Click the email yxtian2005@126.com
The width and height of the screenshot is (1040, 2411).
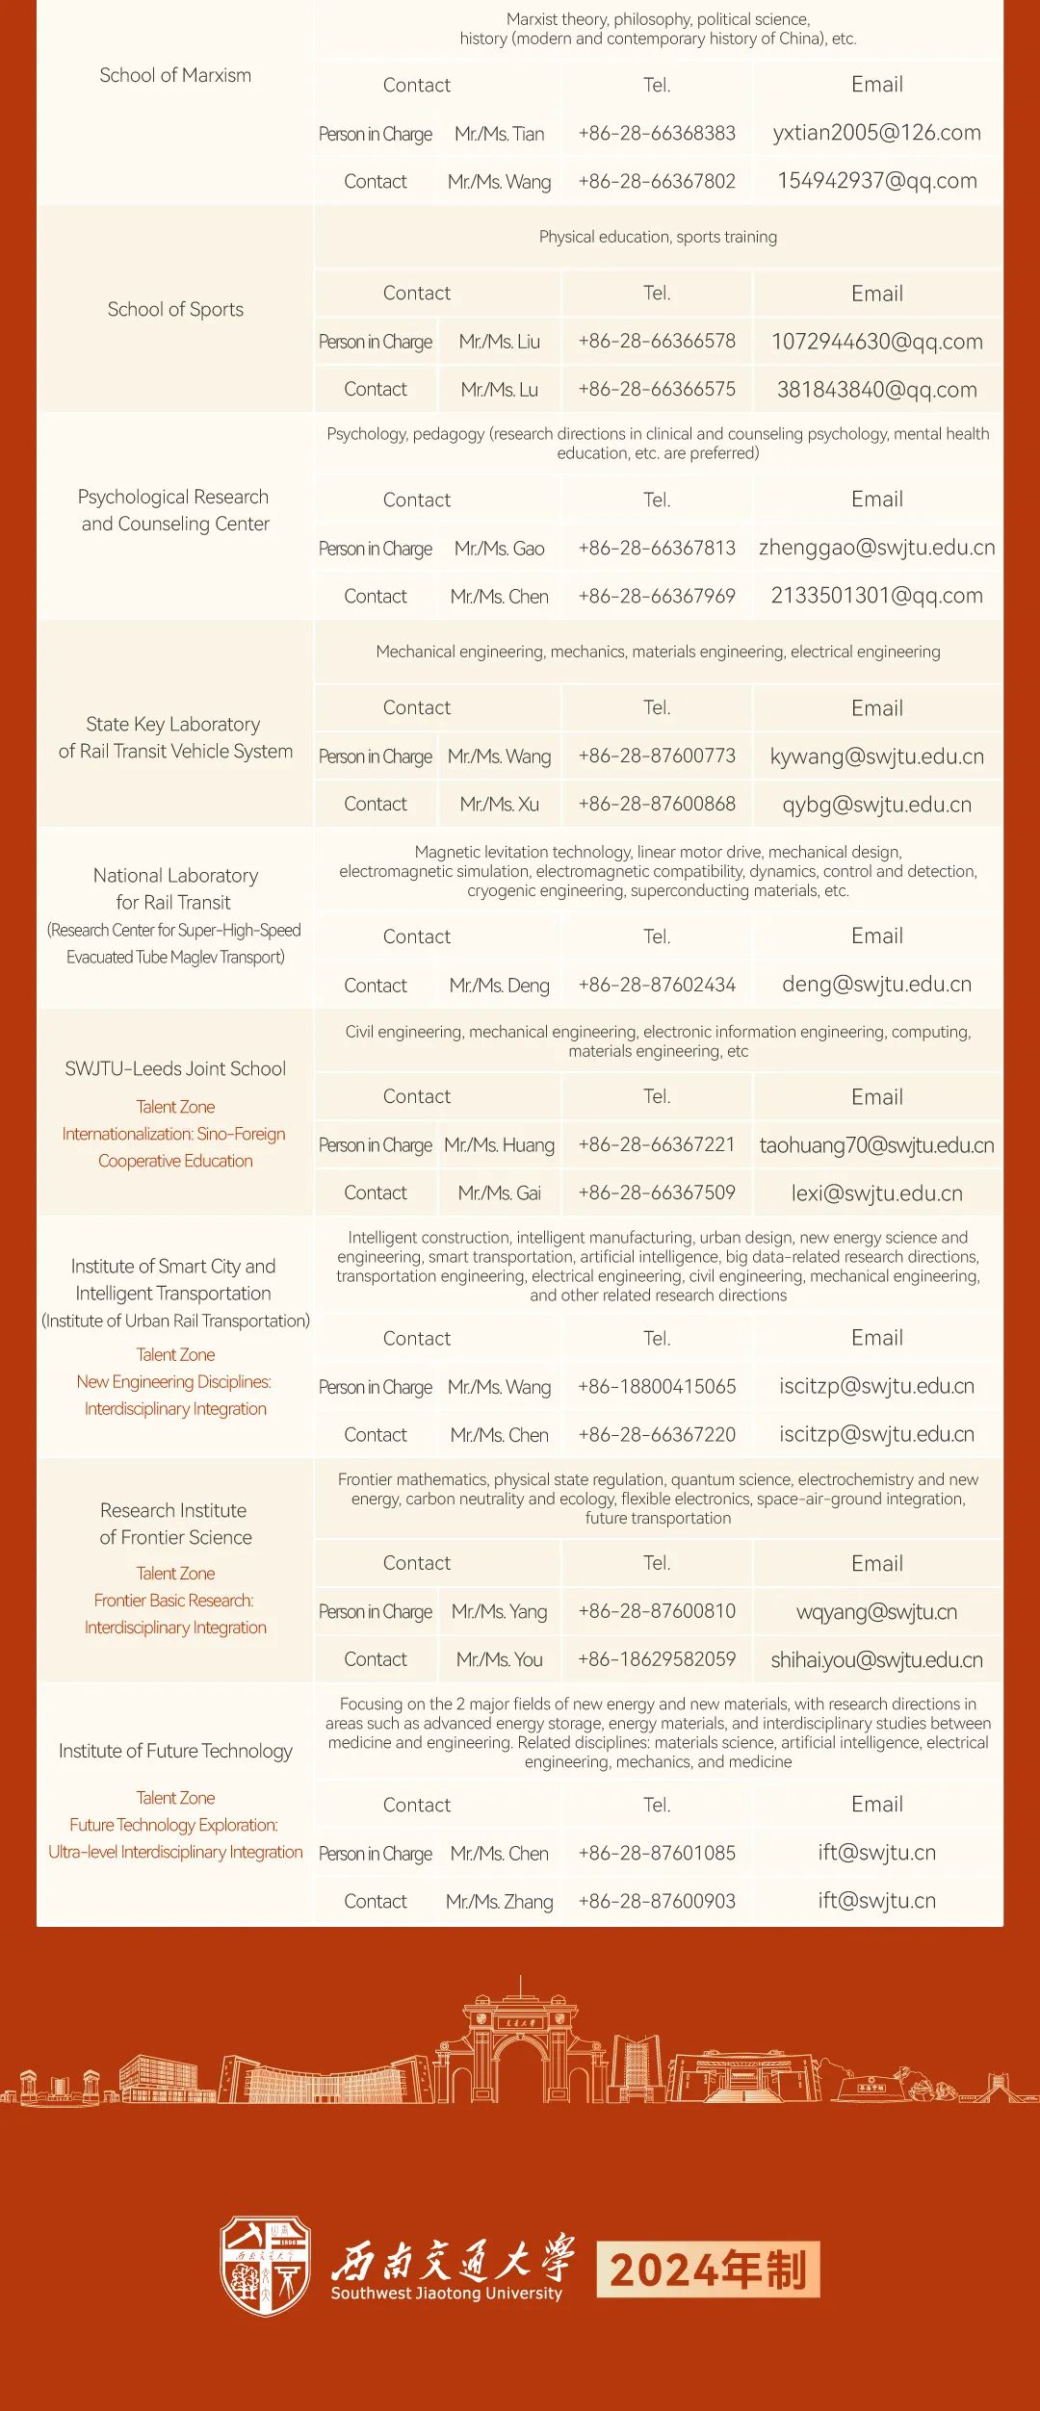coord(876,133)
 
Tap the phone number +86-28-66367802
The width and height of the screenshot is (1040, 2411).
coord(657,181)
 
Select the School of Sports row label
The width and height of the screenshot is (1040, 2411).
coord(175,309)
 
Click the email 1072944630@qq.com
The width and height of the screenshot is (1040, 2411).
coord(876,342)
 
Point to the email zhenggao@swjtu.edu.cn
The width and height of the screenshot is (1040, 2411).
coord(876,548)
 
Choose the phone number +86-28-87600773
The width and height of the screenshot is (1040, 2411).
coord(657,757)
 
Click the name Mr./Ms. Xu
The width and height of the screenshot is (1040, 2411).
coord(499,804)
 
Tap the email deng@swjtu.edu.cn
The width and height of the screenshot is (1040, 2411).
coord(876,985)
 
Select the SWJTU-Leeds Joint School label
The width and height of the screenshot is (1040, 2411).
coord(175,1068)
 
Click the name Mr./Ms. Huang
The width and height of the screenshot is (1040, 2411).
coord(499,1145)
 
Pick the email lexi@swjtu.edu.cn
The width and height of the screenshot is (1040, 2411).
coord(876,1193)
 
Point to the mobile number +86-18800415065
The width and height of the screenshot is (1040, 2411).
coord(657,1387)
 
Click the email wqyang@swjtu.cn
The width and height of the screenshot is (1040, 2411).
coord(876,1612)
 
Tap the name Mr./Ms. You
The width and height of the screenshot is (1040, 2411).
coord(499,1660)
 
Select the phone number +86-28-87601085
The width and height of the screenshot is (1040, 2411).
coord(657,1854)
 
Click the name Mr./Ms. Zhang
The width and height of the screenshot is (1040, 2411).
coord(499,1902)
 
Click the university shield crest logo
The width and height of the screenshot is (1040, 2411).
coord(266,2266)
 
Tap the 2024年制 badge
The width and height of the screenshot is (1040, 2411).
coord(708,2270)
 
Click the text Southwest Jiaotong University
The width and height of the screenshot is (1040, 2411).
coord(446,2294)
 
